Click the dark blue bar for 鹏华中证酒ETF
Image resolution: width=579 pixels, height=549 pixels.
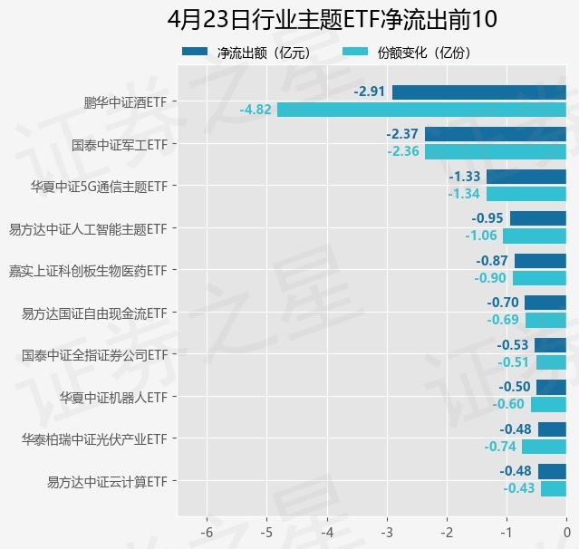478,92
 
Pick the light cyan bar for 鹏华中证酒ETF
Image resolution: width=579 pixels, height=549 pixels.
421,110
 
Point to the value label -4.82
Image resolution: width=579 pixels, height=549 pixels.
256,110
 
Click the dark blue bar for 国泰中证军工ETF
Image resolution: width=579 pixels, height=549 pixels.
495,134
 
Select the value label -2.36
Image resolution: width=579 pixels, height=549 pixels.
403,151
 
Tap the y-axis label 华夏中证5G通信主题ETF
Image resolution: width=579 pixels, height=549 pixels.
99,187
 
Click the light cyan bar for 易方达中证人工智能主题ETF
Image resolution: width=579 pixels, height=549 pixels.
535,236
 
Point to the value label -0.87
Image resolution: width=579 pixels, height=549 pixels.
493,260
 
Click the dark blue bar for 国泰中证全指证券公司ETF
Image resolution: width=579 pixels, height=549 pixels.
550,344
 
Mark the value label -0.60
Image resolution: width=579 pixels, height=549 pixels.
508,404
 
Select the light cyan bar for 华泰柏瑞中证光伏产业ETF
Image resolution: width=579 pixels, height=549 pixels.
544,446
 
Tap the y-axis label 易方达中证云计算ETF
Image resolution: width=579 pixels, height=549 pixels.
108,481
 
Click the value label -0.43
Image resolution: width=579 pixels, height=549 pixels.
519,488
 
